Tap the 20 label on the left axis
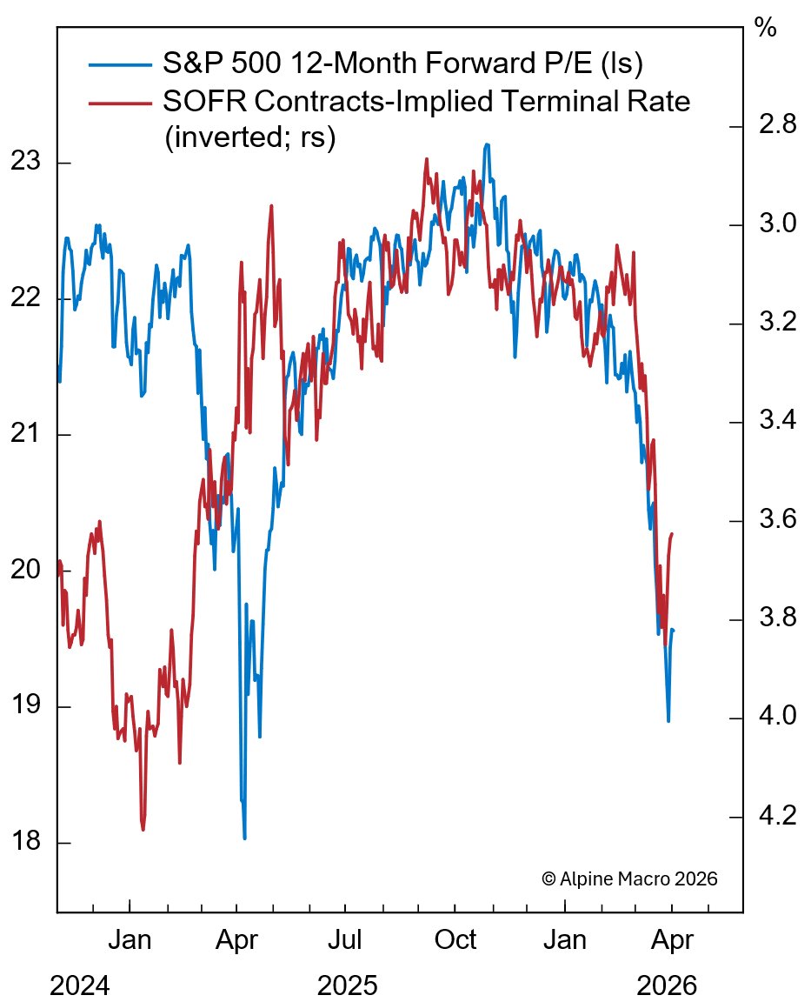pyautogui.click(x=26, y=571)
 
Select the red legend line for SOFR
pyautogui.click(x=120, y=103)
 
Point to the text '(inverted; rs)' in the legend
pyautogui.click(x=250, y=139)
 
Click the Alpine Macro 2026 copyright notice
pyautogui.click(x=629, y=878)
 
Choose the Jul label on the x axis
pyautogui.click(x=345, y=941)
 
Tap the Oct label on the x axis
pyautogui.click(x=455, y=941)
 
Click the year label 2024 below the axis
pyautogui.click(x=81, y=986)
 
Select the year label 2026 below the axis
pyautogui.click(x=667, y=986)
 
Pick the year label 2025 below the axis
pyautogui.click(x=348, y=986)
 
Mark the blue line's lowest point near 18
pyautogui.click(x=244, y=838)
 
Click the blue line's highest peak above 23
pyautogui.click(x=487, y=144)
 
